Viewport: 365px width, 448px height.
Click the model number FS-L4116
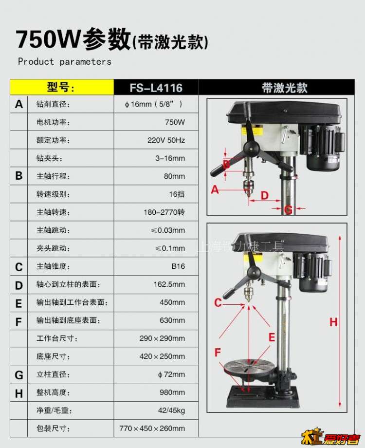156,88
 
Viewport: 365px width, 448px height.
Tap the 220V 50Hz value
166,140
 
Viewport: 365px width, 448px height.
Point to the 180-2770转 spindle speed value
164,212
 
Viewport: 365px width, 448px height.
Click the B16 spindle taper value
178,266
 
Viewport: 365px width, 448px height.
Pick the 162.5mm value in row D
169,284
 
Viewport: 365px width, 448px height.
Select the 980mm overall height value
172,392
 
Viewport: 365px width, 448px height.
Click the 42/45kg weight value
172,411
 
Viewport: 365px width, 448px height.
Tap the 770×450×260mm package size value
152,429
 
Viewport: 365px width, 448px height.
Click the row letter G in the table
19,375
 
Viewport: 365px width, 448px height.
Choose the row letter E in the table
18,303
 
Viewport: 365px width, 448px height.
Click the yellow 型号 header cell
62,87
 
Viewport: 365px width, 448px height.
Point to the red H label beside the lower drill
333,322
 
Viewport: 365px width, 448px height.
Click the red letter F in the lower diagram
218,352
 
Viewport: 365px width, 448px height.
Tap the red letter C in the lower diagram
218,302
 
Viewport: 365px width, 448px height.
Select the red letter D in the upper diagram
265,195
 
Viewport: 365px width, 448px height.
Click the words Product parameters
65,61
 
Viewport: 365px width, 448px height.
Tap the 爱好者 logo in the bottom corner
331,437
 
